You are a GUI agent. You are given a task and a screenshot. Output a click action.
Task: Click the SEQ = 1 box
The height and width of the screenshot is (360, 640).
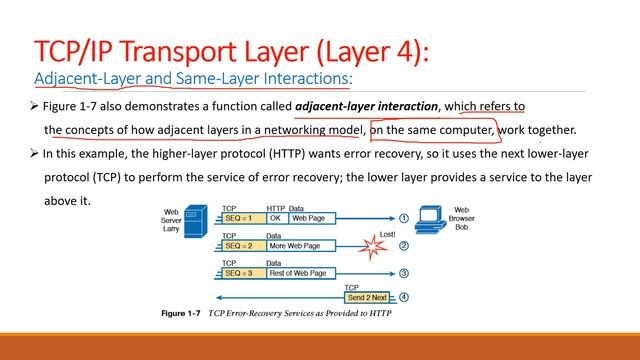242,217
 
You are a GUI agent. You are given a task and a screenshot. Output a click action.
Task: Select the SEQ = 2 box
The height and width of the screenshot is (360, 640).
242,244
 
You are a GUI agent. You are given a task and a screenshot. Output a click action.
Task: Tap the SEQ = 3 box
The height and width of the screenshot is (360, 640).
242,272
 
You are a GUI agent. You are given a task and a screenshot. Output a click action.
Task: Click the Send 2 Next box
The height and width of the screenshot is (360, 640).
367,298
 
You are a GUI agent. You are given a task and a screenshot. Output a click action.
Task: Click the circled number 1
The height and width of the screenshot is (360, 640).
404,217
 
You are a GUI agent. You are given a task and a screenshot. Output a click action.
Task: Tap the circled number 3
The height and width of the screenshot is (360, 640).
404,272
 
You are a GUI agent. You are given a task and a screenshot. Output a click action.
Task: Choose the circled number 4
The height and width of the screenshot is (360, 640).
404,298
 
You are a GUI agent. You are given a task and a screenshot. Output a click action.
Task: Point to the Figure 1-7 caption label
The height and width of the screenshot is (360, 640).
181,313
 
